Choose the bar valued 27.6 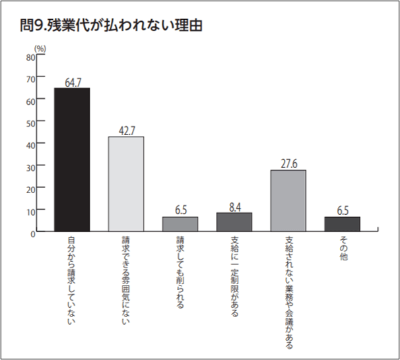(x=288, y=200)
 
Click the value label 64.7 (x=72, y=82)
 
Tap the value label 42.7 (x=126, y=130)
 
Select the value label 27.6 (x=288, y=164)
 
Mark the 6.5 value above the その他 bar (x=343, y=210)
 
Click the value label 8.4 (x=234, y=206)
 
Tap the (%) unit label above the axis (x=40, y=47)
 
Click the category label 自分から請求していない (x=72, y=277)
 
